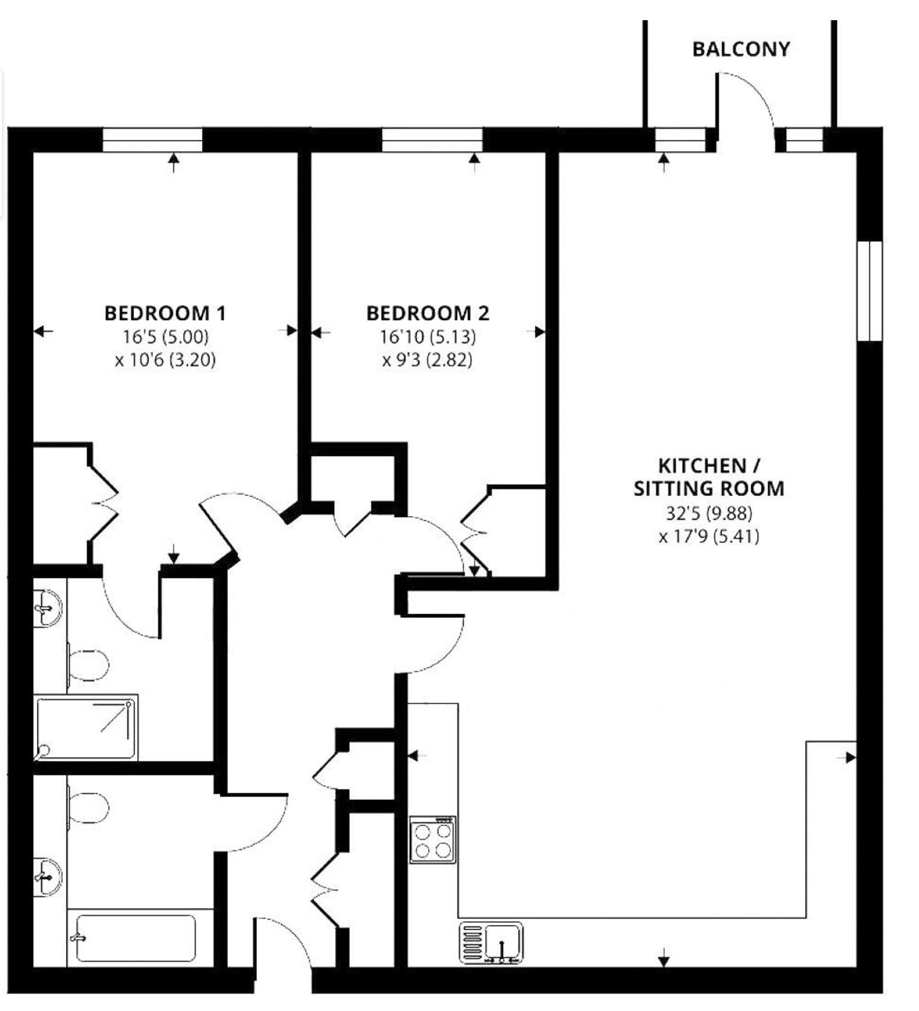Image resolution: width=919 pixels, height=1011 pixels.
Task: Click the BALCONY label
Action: pyautogui.click(x=741, y=49)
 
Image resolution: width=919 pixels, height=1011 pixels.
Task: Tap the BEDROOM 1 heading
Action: pyautogui.click(x=165, y=313)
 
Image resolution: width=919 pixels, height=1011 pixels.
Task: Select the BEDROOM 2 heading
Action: pyautogui.click(x=428, y=313)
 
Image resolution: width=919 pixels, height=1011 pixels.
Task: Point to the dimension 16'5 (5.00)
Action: pyautogui.click(x=166, y=337)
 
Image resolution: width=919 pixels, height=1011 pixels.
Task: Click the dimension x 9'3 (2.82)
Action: pyautogui.click(x=427, y=360)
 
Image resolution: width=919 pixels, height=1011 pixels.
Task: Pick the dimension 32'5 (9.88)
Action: pyautogui.click(x=709, y=513)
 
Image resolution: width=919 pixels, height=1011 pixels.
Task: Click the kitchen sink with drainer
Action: pyautogui.click(x=491, y=943)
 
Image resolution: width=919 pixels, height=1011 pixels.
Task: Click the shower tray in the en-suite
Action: pyautogui.click(x=85, y=728)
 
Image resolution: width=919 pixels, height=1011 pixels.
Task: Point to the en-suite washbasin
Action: pyautogui.click(x=47, y=608)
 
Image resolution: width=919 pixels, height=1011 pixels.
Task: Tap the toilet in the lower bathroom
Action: pyautogui.click(x=88, y=807)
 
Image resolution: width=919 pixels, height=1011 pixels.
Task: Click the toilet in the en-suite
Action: pyautogui.click(x=88, y=665)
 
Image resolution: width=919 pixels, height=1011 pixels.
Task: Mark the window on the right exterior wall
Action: pyautogui.click(x=869, y=291)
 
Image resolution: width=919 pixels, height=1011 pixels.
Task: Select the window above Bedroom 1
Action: pyautogui.click(x=152, y=140)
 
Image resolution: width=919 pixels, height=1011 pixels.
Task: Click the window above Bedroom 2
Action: pyautogui.click(x=432, y=140)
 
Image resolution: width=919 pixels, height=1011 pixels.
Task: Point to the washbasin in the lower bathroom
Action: pyautogui.click(x=47, y=876)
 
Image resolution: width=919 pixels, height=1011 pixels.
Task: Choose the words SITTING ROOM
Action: pyautogui.click(x=709, y=489)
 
